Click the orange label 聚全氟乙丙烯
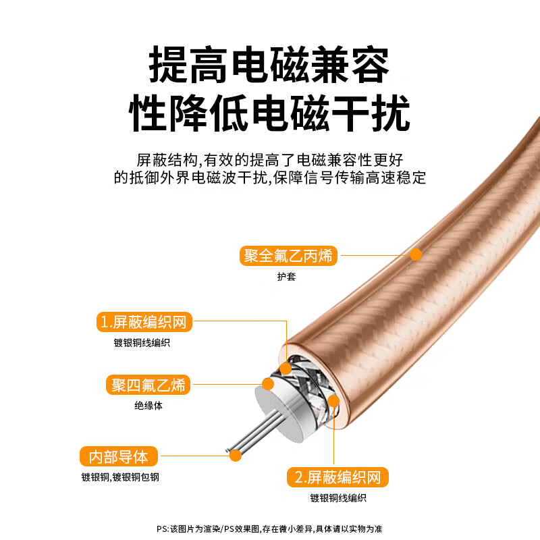289,256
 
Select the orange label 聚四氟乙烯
148,385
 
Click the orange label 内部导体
118,456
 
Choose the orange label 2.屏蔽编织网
337,478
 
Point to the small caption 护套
286,277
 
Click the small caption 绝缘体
148,406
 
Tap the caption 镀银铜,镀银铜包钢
121,477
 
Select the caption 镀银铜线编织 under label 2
338,498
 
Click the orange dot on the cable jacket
416,254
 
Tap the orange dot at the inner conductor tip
236,456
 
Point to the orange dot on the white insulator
268,385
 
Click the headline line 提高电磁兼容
269,65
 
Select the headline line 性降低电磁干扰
269,113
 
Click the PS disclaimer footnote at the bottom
269,529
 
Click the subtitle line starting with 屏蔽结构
269,160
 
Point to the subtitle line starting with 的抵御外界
269,178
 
